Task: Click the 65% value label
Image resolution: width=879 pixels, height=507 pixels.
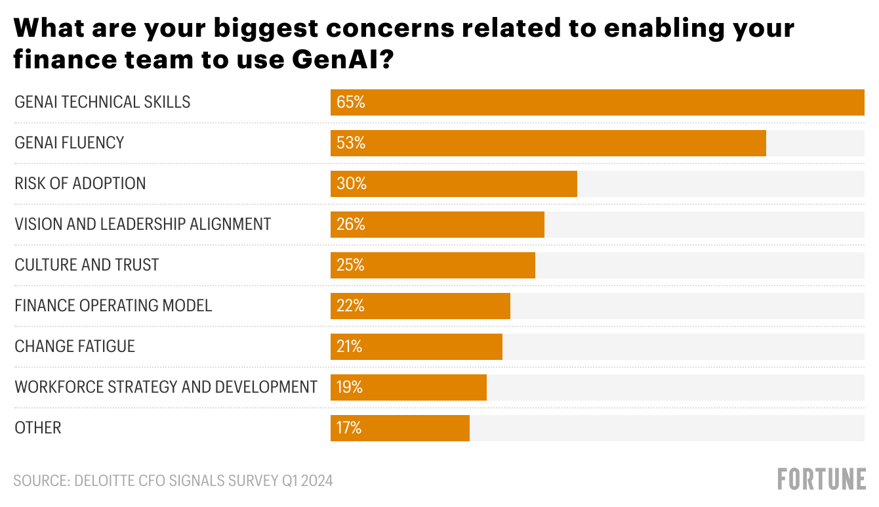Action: pos(350,102)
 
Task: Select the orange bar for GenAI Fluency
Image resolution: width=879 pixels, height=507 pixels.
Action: pos(548,143)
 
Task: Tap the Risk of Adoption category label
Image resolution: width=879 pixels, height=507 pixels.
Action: pos(80,183)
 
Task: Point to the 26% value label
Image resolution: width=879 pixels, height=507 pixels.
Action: pos(350,225)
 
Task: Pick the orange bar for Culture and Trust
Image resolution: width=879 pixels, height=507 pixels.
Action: pos(433,265)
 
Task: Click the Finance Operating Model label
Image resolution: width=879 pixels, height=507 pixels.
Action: pos(113,305)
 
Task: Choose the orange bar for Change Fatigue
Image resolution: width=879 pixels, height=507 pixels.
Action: pos(417,347)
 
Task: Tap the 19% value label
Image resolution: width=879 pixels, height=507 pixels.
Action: pos(349,387)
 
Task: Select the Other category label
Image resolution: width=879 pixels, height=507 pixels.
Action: pos(38,428)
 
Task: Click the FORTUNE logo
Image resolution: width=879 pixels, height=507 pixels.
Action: pos(821,479)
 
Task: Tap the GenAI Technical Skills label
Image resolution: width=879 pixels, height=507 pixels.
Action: pos(102,102)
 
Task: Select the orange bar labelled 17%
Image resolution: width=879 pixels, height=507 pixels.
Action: pos(400,428)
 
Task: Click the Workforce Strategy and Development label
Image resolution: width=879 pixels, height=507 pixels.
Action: pos(166,387)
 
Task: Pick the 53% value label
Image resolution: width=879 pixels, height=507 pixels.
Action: pos(350,143)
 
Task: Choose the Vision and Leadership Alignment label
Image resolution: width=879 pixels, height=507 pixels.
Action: pos(143,225)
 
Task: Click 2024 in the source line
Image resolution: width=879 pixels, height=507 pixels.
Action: pos(317,481)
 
